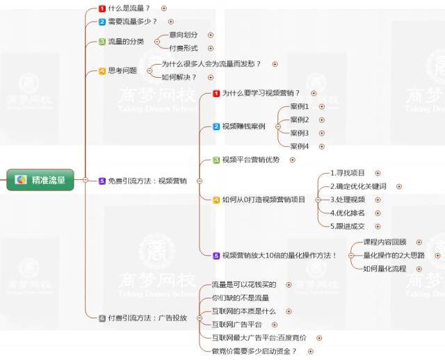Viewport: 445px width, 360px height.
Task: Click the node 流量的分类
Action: [x=126, y=42]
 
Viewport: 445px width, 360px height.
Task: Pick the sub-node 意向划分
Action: [x=184, y=35]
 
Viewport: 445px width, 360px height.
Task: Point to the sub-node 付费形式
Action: [x=184, y=48]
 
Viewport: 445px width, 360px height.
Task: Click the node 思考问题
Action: [x=122, y=71]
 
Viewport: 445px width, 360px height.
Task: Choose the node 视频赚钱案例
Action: [x=243, y=126]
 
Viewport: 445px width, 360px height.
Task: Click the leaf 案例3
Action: [x=299, y=133]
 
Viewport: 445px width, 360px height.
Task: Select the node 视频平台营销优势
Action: [x=250, y=160]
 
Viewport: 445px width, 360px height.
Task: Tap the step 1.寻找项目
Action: [x=348, y=173]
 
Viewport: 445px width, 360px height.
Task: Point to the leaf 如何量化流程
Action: [x=385, y=268]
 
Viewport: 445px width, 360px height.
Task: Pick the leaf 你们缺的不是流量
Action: [x=240, y=297]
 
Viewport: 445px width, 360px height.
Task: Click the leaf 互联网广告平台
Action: [x=237, y=324]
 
